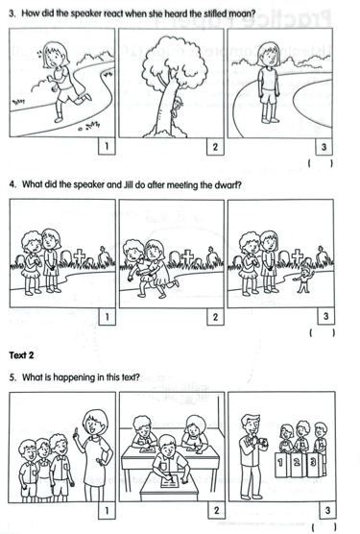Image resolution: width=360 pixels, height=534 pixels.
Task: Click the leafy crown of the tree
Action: pos(168,64)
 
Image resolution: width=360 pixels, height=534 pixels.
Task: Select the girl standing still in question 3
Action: pos(269,83)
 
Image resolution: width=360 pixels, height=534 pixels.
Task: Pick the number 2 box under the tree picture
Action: pos(215,147)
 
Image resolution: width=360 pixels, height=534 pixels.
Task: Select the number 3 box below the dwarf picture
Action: pos(325,316)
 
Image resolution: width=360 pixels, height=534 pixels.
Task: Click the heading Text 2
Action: pos(21,355)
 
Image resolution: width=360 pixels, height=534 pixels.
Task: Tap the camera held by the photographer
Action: pos(262,442)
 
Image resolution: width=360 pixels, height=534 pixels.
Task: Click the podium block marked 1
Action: pos(280,464)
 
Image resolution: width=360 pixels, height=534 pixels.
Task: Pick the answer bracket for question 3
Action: pos(321,163)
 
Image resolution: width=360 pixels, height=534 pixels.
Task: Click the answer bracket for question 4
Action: pos(323,332)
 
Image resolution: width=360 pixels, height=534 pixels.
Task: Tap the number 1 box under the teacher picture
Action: pos(107,510)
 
